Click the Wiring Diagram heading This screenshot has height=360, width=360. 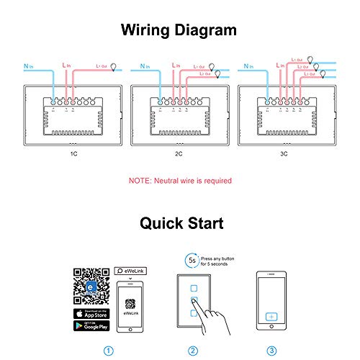click(x=180, y=30)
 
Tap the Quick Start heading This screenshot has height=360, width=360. click(x=180, y=223)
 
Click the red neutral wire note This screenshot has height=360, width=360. click(x=180, y=181)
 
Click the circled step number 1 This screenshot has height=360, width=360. click(x=109, y=351)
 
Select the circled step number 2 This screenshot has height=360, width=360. click(x=192, y=351)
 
